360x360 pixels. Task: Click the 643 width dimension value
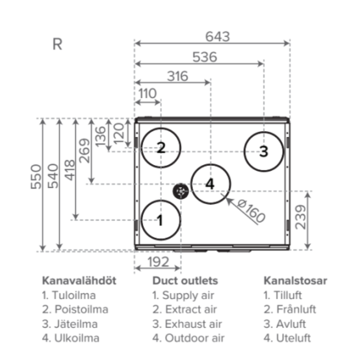coord(217,36)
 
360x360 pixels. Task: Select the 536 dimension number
coord(205,57)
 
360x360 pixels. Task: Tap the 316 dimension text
coord(178,76)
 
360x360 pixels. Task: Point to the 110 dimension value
coord(147,94)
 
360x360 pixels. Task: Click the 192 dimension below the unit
coord(158,262)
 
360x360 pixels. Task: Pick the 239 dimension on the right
coord(301,217)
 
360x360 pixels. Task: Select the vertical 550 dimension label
coord(36,177)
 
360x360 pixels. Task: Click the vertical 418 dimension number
coord(70,170)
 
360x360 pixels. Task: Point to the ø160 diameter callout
coord(251,211)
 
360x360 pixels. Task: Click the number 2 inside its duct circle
coord(161,147)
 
